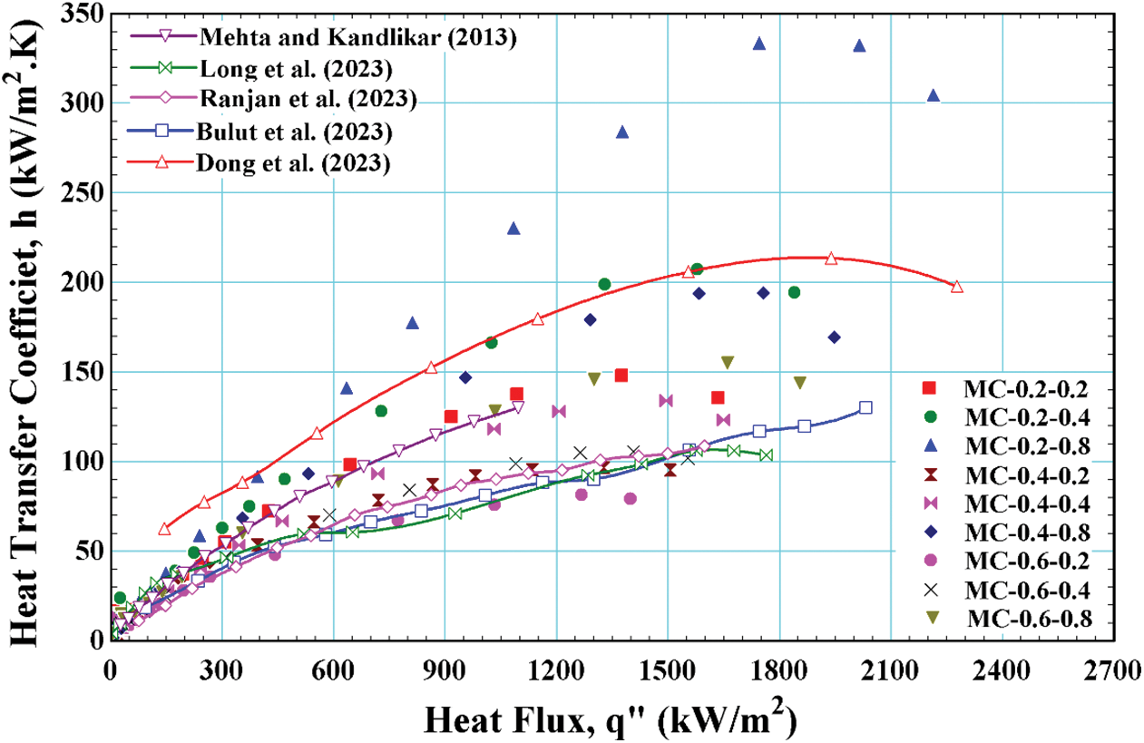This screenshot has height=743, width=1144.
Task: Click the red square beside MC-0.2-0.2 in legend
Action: pyautogui.click(x=928, y=388)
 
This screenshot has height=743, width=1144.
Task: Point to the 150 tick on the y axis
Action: pyautogui.click(x=83, y=372)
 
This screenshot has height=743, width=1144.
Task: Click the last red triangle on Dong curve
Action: pyautogui.click(x=956, y=287)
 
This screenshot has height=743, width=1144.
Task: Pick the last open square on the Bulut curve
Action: pyautogui.click(x=865, y=408)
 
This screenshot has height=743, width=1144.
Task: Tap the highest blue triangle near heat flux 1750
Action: pyautogui.click(x=759, y=44)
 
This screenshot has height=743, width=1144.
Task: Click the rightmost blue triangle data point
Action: pyautogui.click(x=934, y=95)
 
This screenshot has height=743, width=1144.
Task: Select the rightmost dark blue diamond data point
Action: pyautogui.click(x=834, y=337)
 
